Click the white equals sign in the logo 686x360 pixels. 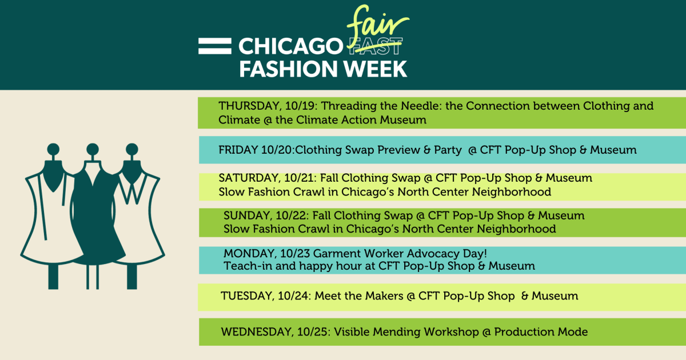214,46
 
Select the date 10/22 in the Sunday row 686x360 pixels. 284,216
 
